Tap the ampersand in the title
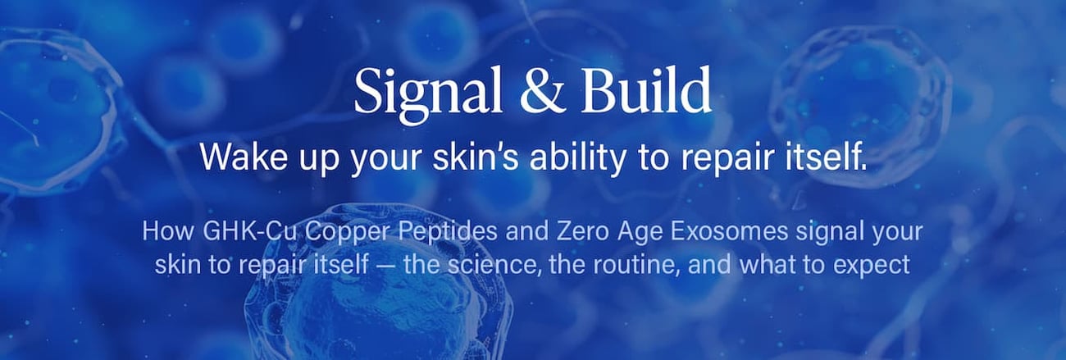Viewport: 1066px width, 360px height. click(541, 90)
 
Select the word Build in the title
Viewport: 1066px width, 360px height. click(646, 89)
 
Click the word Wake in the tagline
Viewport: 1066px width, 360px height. click(244, 157)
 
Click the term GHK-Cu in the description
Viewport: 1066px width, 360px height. click(250, 231)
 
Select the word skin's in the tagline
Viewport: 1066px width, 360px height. click(476, 157)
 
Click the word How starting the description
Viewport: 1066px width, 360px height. click(168, 232)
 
